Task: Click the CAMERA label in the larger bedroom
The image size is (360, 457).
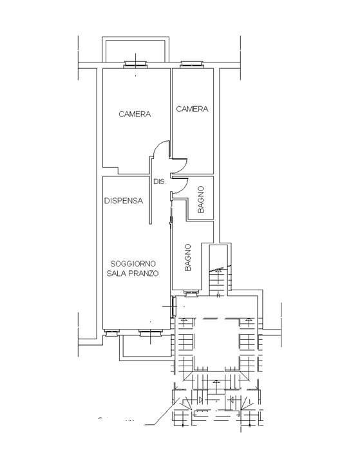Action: (135, 114)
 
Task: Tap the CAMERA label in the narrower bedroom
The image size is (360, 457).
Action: (192, 109)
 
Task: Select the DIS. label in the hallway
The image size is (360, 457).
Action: (160, 182)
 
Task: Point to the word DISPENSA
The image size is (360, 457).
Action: (124, 201)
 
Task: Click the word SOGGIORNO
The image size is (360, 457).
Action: (133, 264)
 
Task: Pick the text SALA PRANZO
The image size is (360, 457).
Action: (133, 274)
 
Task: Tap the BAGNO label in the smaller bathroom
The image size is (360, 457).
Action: (201, 200)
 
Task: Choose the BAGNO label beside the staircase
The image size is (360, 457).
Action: (188, 257)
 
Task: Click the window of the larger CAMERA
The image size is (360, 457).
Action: (135, 64)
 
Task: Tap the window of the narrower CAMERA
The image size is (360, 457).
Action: (192, 64)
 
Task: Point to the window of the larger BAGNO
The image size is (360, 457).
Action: (191, 294)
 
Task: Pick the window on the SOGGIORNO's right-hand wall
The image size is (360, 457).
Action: (174, 307)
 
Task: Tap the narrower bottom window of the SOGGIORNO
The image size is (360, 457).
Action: (112, 333)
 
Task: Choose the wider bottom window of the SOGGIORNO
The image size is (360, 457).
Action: (151, 333)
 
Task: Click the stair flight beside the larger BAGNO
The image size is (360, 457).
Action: (218, 279)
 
